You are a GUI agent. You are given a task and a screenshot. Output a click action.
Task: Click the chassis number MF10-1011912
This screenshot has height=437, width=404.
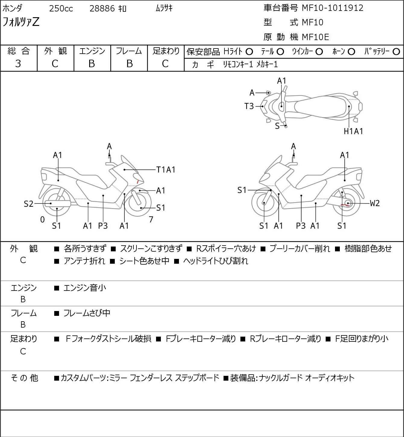point(332,8)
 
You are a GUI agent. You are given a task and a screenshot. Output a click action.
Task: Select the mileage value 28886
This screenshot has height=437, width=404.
point(102,8)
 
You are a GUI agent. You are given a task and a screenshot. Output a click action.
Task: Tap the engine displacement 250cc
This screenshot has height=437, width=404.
point(61,8)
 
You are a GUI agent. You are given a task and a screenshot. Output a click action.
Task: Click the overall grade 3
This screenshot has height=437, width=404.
point(18,64)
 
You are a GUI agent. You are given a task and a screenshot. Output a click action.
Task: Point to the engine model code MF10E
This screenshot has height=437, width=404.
point(315,37)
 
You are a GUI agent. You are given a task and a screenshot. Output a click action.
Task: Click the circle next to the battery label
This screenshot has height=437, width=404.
point(396,52)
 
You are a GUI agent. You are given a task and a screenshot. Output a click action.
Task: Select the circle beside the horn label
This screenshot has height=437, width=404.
point(351,52)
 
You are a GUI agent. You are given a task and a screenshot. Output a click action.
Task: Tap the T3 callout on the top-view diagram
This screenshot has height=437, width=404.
point(249,106)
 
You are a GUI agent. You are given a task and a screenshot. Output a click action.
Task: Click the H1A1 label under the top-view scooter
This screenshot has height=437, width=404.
point(353,131)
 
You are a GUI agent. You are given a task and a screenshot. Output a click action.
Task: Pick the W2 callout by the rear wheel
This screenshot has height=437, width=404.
point(375,203)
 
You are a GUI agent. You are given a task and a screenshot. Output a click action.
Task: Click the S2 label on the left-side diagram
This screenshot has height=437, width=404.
point(29,204)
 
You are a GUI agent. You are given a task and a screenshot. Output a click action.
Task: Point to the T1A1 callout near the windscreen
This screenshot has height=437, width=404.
point(166,170)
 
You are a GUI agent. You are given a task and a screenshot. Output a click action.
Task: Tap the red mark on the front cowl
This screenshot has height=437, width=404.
point(137,182)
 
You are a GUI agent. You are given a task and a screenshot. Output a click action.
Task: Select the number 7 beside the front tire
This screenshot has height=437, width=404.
point(151,219)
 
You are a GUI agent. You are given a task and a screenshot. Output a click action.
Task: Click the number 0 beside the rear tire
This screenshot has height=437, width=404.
point(42,219)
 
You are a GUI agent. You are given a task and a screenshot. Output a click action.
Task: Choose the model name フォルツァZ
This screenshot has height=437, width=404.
point(21,22)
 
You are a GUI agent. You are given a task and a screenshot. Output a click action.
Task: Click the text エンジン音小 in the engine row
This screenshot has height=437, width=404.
point(85,288)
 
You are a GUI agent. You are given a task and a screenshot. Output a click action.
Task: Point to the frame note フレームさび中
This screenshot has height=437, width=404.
point(87,313)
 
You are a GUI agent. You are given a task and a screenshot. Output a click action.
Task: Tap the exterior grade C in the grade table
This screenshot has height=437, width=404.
point(55,64)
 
